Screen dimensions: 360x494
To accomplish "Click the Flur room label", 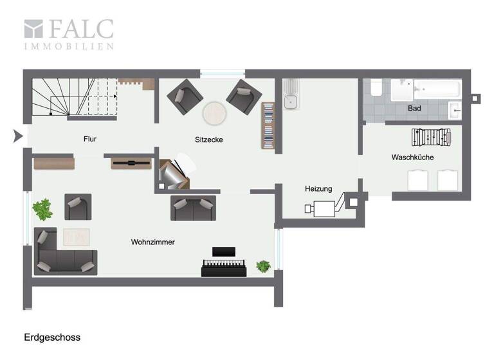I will [x=90, y=139].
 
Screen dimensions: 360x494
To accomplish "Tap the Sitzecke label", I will [x=209, y=139].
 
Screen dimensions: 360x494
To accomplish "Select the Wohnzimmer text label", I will [x=153, y=242].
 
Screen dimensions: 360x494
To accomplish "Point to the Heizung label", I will [x=318, y=189].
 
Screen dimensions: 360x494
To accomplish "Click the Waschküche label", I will [x=412, y=157].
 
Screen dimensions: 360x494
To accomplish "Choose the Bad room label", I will [x=415, y=109].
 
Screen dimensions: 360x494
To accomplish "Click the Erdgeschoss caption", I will [x=52, y=337].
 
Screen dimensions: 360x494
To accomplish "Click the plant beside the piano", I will [x=263, y=265].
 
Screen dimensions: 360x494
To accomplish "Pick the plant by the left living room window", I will [x=43, y=208].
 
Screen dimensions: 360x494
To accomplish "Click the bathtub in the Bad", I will [x=437, y=89].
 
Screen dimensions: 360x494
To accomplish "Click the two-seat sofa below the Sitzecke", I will [x=193, y=208].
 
